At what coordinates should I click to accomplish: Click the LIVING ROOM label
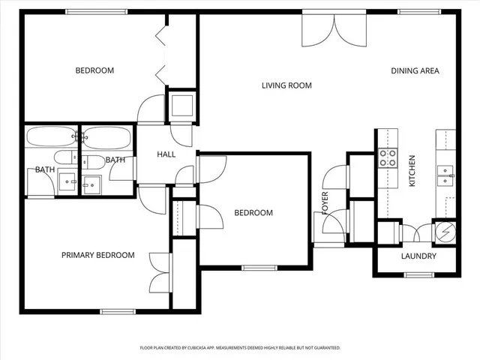pyautogui.click(x=286, y=85)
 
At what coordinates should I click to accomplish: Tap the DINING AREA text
pyautogui.click(x=415, y=71)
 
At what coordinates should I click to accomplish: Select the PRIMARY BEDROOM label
pyautogui.click(x=97, y=255)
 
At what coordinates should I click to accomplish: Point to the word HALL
pyautogui.click(x=166, y=154)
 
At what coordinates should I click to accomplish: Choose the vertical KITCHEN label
pyautogui.click(x=411, y=171)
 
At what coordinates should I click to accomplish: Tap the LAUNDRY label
pyautogui.click(x=418, y=256)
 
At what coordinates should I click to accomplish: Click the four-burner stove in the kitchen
pyautogui.click(x=388, y=158)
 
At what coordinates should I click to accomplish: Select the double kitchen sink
pyautogui.click(x=446, y=175)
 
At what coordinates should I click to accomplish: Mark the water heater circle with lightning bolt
pyautogui.click(x=445, y=232)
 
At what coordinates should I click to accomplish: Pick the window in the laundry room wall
pyautogui.click(x=418, y=275)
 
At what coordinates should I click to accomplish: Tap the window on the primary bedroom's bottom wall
pyautogui.click(x=118, y=311)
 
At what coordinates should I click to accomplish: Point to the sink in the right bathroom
pyautogui.click(x=92, y=182)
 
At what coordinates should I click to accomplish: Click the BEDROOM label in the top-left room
pyautogui.click(x=94, y=71)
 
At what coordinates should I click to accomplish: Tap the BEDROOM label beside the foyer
pyautogui.click(x=253, y=213)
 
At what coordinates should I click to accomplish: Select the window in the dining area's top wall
pyautogui.click(x=418, y=11)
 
